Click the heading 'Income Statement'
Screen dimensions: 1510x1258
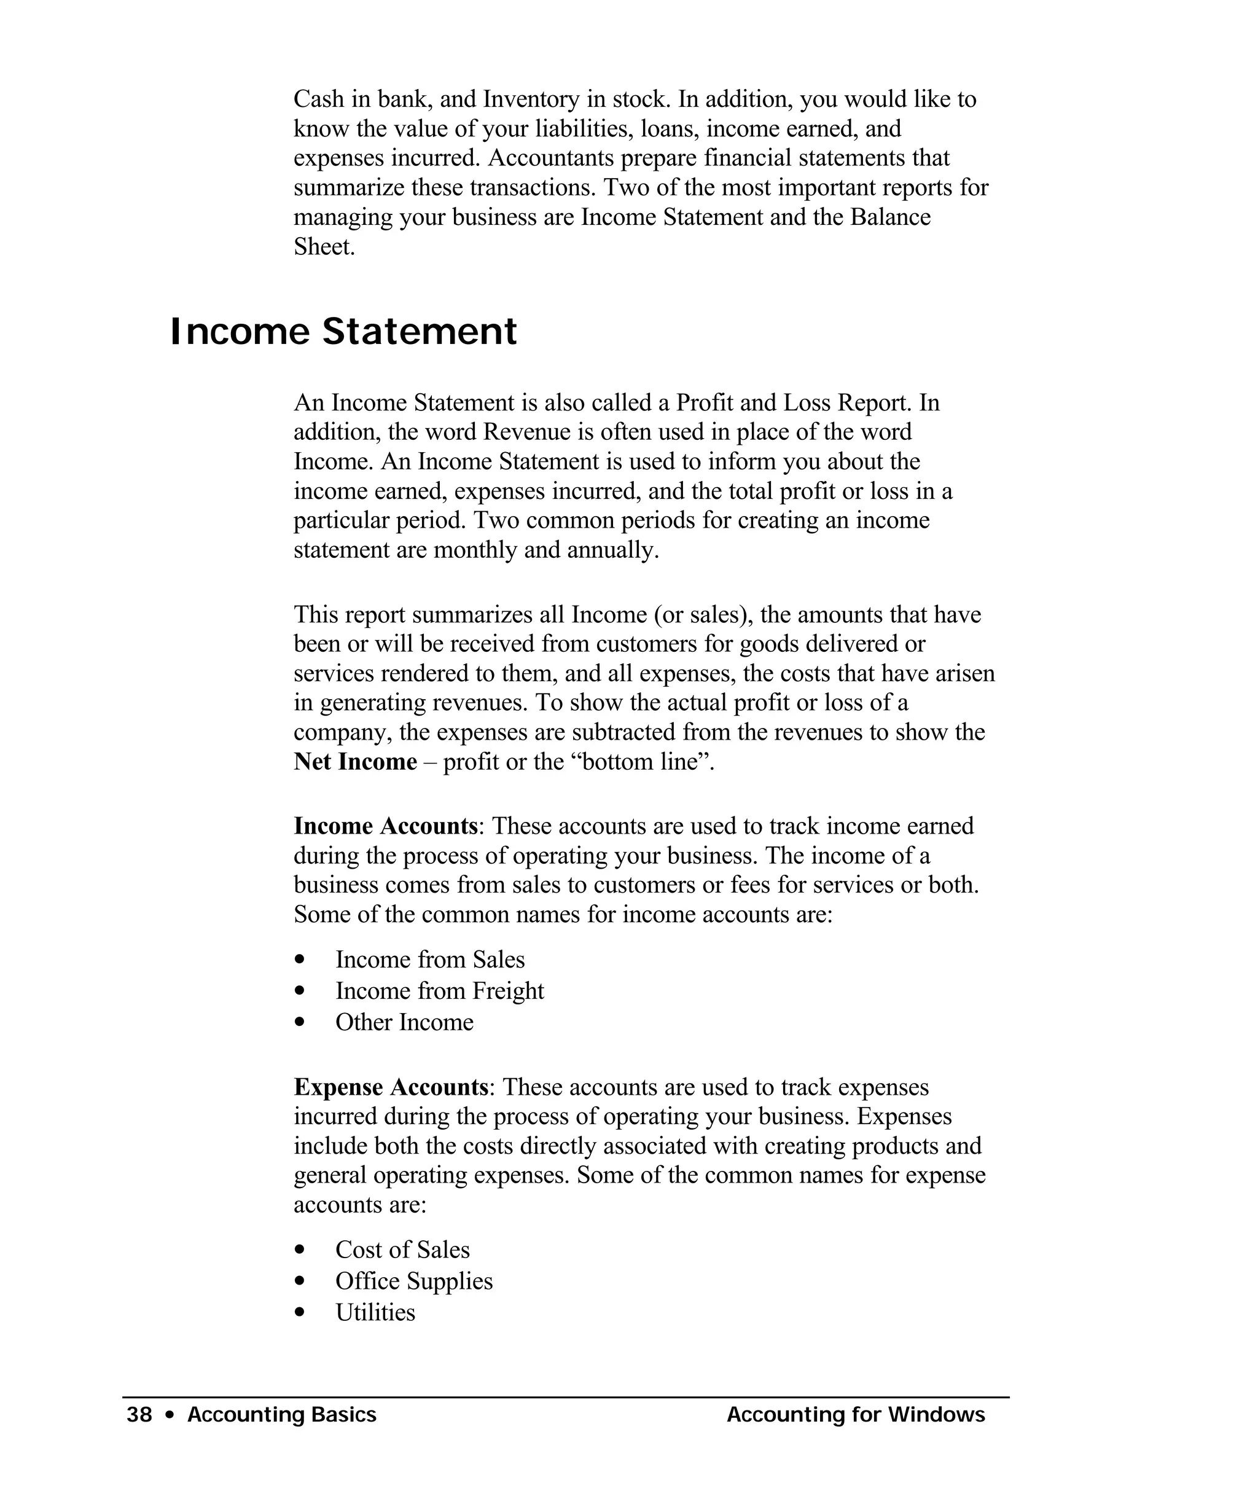pyautogui.click(x=343, y=332)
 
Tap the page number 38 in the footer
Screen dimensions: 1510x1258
pyautogui.click(x=139, y=1414)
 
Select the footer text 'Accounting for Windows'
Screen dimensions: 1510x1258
pyautogui.click(x=856, y=1414)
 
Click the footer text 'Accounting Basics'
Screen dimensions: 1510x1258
pyautogui.click(x=282, y=1414)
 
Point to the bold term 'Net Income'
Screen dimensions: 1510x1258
pyautogui.click(x=355, y=762)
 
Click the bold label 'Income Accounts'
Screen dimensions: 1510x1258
pyautogui.click(x=385, y=826)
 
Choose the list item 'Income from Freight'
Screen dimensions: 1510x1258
pyautogui.click(x=439, y=991)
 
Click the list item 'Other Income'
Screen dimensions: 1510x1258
pyautogui.click(x=404, y=1022)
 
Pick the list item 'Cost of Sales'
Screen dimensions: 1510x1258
pyautogui.click(x=402, y=1250)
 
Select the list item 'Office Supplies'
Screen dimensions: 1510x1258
pyautogui.click(x=414, y=1281)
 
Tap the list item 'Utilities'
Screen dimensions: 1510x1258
pyautogui.click(x=375, y=1312)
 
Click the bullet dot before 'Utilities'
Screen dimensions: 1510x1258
pyautogui.click(x=300, y=1313)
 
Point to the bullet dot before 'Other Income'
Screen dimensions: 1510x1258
pyautogui.click(x=300, y=1022)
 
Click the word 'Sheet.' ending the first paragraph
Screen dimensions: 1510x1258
pyautogui.click(x=324, y=246)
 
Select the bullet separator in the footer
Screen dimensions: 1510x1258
pyautogui.click(x=170, y=1415)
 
